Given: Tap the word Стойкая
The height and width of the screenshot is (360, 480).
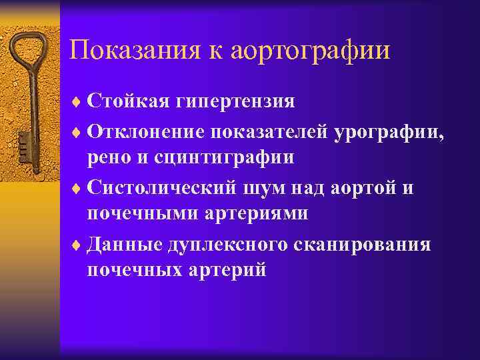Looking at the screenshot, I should (x=129, y=102).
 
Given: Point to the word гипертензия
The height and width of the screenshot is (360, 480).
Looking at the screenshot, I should (x=235, y=103).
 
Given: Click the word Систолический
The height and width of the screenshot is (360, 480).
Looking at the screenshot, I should (x=160, y=187).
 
